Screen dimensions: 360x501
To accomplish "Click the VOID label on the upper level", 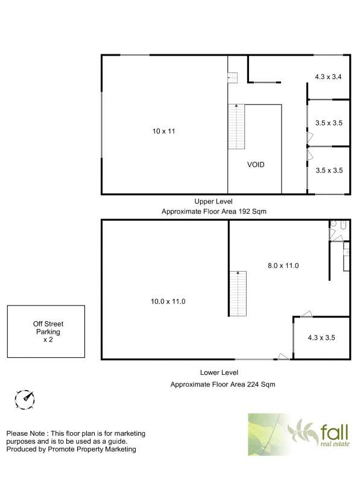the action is tap(256, 165).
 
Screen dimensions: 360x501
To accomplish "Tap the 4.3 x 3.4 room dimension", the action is tap(328, 77).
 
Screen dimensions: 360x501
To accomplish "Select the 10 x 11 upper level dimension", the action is tap(164, 131).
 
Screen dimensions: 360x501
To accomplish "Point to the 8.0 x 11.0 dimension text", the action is tap(283, 266).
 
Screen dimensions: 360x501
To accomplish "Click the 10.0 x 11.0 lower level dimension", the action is tap(168, 301).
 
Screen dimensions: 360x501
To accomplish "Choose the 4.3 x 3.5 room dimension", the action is tap(321, 338).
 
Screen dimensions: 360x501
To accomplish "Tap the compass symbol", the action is tap(25, 400).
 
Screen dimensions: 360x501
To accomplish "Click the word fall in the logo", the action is tap(334, 432).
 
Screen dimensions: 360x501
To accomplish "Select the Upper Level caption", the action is tap(213, 202).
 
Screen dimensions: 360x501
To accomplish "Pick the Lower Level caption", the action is tap(219, 372).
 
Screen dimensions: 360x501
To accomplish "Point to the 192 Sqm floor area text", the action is tap(253, 211).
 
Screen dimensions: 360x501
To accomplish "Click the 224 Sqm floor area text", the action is tap(261, 385).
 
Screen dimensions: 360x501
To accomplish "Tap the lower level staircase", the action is tap(238, 293).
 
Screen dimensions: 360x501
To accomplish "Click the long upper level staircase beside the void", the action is tap(236, 127).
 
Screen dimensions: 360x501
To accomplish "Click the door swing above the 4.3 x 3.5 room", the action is tap(306, 314).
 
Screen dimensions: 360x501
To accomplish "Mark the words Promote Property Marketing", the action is tap(92, 449).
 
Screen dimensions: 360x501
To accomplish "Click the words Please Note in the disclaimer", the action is tap(25, 433).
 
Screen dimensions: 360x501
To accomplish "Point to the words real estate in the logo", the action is tap(335, 444).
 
